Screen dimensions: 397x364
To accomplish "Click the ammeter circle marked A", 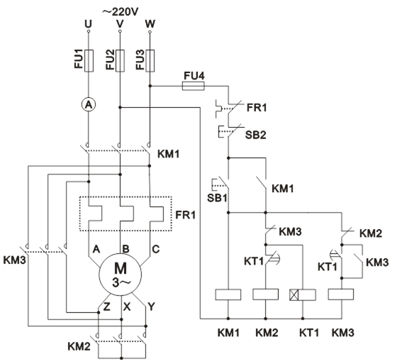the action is [89, 104].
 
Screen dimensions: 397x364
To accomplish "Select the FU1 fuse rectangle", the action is [89, 61].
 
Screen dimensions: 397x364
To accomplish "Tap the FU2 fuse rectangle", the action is [120, 61].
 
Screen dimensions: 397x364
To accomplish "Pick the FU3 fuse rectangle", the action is [150, 61].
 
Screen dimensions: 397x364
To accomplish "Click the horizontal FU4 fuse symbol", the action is [194, 86].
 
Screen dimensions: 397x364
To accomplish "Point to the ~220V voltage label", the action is [121, 11].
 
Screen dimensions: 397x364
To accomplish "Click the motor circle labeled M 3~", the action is [121, 275].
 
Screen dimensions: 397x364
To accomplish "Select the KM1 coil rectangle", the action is [228, 294].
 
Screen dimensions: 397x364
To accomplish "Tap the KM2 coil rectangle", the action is [266, 294].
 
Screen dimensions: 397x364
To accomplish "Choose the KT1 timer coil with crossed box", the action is [303, 294].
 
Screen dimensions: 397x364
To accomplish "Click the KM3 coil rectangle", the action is [341, 294].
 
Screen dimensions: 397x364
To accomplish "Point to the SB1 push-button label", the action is [217, 198].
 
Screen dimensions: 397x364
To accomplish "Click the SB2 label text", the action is [255, 135].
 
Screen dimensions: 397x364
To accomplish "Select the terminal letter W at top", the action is [150, 24].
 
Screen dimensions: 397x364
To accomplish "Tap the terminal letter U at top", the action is [88, 24].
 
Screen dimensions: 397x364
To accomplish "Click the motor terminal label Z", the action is [107, 307].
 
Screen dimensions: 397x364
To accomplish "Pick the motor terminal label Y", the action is [151, 307].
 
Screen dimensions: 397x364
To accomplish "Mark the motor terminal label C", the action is [156, 249].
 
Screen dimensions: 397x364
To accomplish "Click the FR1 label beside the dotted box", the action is [186, 215].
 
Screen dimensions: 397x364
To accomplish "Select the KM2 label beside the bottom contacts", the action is [79, 346].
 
